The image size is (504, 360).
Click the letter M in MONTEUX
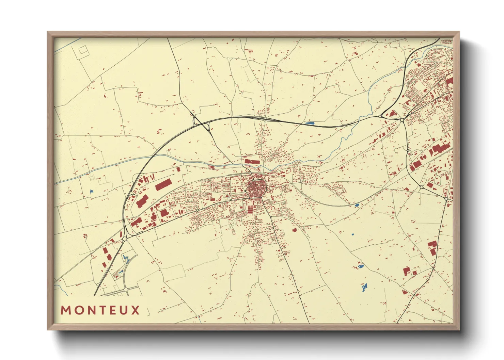pos(65,310)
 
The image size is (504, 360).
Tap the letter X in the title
pos(136,310)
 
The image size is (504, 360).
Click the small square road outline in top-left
pos(83,50)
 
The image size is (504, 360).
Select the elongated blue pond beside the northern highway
pos(310,123)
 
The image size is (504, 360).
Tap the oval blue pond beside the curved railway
pos(357,205)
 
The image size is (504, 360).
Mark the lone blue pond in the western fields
pos(91,192)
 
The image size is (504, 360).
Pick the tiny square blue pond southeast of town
pos(352,234)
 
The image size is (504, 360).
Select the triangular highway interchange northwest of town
pos(201,123)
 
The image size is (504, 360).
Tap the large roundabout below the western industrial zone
pos(125,239)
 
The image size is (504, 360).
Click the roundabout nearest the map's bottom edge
pos(126,290)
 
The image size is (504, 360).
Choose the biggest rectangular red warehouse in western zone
pos(163,185)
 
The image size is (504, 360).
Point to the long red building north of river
pos(252,162)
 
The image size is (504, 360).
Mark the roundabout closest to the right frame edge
pos(446,199)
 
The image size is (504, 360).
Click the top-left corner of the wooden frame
pos(48,32)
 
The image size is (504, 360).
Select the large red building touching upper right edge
pos(450,82)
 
